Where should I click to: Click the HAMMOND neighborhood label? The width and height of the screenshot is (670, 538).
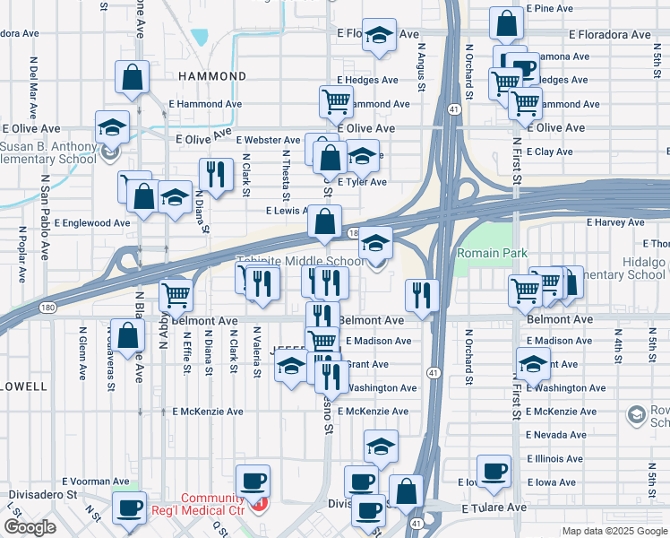[212, 77]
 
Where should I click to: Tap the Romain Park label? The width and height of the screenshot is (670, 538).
[489, 254]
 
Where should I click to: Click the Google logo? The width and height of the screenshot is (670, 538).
[30, 527]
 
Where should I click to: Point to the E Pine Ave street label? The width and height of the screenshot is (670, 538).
[549, 8]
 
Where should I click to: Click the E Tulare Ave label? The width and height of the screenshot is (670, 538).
[494, 508]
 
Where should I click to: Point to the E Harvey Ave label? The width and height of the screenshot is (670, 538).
[615, 221]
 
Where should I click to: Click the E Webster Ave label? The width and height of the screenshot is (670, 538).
[268, 140]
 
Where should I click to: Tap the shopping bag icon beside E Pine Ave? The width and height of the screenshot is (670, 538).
[507, 23]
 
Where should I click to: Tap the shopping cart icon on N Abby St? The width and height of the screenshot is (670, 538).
[176, 293]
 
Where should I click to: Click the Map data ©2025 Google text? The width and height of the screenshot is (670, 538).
[615, 531]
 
